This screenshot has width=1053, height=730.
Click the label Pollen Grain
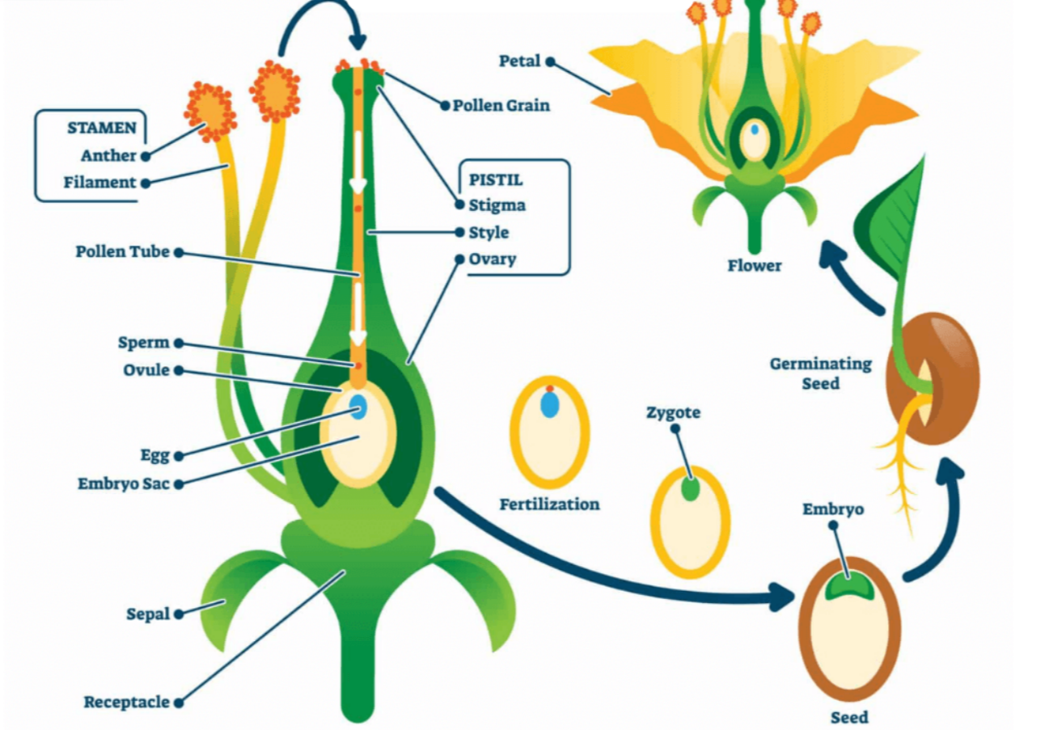pyautogui.click(x=501, y=105)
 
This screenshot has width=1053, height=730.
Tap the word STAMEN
pyautogui.click(x=100, y=128)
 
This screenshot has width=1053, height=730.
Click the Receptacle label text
pyautogui.click(x=127, y=702)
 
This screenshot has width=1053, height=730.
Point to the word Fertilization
pyautogui.click(x=549, y=504)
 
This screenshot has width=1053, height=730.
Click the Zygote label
pyautogui.click(x=673, y=413)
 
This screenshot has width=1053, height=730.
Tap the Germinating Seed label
pyautogui.click(x=820, y=373)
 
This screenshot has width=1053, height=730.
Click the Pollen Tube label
pyautogui.click(x=123, y=251)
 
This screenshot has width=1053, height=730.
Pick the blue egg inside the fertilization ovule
pyautogui.click(x=550, y=406)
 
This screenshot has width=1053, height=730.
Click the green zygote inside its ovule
pyautogui.click(x=689, y=489)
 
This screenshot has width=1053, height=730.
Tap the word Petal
pyautogui.click(x=519, y=61)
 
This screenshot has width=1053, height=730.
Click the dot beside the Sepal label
pyautogui.click(x=179, y=614)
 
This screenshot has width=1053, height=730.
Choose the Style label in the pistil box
pyautogui.click(x=489, y=232)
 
